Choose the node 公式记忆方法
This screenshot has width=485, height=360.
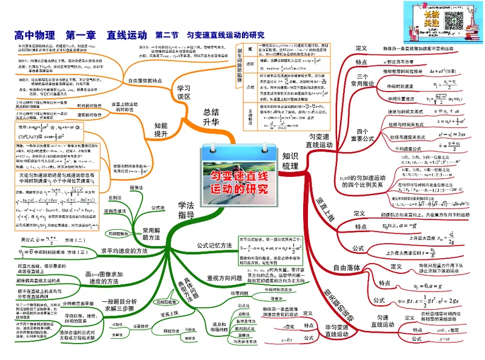pos(215,245)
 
